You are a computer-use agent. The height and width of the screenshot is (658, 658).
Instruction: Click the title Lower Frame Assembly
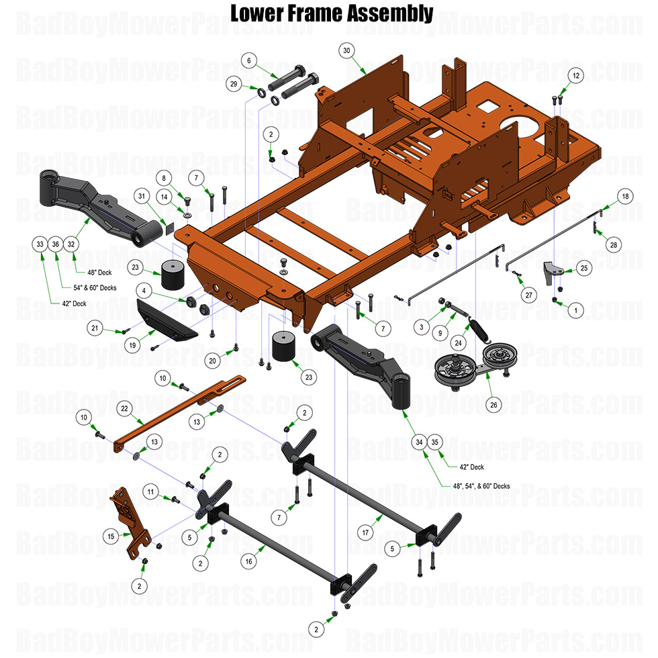coord(332,13)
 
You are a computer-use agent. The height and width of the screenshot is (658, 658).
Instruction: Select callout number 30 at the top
coord(347,51)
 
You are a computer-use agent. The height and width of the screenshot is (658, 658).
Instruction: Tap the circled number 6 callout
coord(249,61)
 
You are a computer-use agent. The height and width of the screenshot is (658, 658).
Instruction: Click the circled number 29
coord(234,85)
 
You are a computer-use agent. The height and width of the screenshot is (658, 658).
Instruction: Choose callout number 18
coord(625,197)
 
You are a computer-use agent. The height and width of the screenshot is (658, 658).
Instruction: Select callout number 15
coord(111,536)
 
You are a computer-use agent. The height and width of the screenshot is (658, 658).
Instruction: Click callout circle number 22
coord(124,408)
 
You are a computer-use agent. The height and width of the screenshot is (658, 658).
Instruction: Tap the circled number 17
coord(365,533)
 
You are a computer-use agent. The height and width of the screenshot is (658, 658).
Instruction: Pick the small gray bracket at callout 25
coord(551,273)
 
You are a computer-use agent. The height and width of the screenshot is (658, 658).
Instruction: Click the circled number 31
coord(140,196)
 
